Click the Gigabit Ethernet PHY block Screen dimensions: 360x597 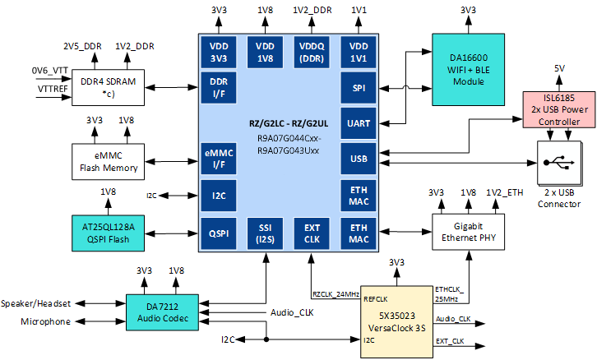pos(467,233)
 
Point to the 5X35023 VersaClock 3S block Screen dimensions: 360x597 pos(396,321)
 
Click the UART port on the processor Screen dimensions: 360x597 pos(359,122)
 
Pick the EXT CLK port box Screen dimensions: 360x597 pos(311,233)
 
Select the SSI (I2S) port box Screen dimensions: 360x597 pos(265,233)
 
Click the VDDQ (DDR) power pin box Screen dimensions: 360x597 pos(312,52)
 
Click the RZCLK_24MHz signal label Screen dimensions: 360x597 pos(335,293)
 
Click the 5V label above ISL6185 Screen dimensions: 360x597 pos(559,68)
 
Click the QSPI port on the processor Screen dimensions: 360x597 pos(218,233)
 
